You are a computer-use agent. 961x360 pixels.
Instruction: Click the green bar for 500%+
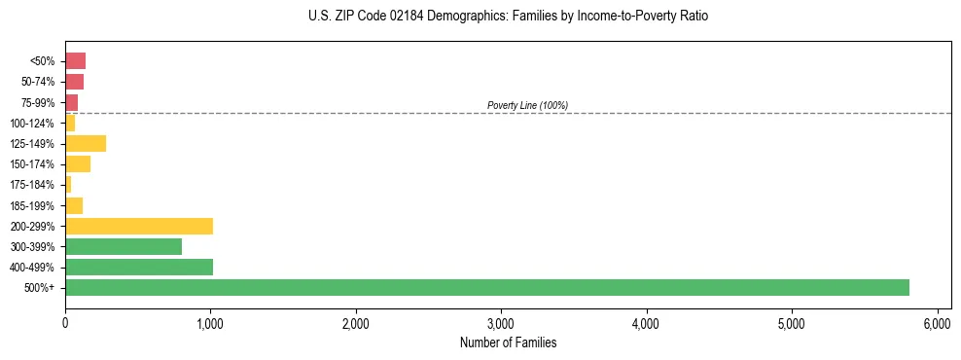coord(486,287)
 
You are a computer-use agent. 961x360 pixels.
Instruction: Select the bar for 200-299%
coord(139,226)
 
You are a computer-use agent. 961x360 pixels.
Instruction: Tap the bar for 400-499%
coord(139,267)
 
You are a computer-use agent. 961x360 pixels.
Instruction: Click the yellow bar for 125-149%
coord(86,144)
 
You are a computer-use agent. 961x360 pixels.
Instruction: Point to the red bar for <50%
coord(76,61)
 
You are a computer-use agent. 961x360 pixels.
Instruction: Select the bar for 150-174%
coord(78,164)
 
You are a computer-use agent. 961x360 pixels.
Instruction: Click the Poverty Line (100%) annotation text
coord(527,105)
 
